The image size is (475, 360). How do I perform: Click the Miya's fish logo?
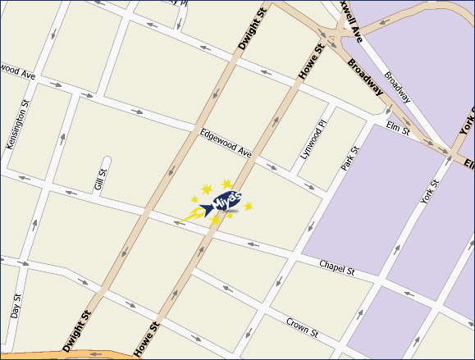pyautogui.click(x=221, y=200)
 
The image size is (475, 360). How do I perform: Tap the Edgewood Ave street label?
pyautogui.click(x=225, y=142)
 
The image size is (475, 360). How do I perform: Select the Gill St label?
pyautogui.click(x=101, y=180)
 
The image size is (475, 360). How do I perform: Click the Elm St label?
pyautogui.click(x=399, y=126)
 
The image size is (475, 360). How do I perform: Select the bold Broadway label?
pyautogui.click(x=365, y=76)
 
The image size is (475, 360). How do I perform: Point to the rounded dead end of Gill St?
pyautogui.click(x=105, y=160)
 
